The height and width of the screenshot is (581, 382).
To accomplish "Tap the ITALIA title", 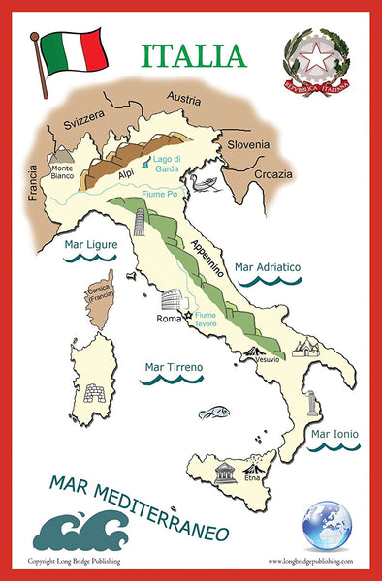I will pos(194,55).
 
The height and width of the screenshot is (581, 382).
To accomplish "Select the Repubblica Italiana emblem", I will pos(315,61).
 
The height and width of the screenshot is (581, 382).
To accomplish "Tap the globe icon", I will pos(327,526).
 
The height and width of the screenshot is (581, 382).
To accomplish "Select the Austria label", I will pos(182,98).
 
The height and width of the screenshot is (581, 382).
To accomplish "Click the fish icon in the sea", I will pos(214,413).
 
